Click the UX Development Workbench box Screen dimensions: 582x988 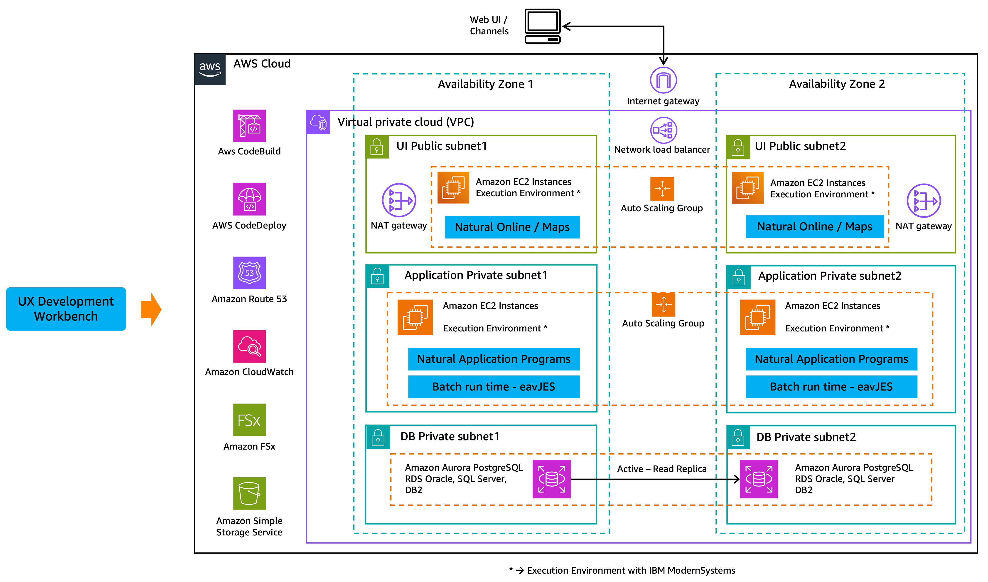(66, 309)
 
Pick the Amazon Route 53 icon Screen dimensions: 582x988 (249, 273)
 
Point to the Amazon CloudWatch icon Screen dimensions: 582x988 (249, 346)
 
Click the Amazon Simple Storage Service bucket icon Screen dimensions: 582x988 (249, 493)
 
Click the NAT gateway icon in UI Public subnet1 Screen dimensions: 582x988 (399, 200)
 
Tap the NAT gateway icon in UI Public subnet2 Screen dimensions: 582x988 (924, 201)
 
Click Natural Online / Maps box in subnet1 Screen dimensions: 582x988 (512, 227)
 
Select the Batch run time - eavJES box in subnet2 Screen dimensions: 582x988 (831, 387)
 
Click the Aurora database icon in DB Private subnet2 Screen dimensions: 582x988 (759, 479)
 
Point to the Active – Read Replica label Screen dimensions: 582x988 (662, 469)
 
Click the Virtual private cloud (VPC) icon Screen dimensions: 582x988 (318, 122)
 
